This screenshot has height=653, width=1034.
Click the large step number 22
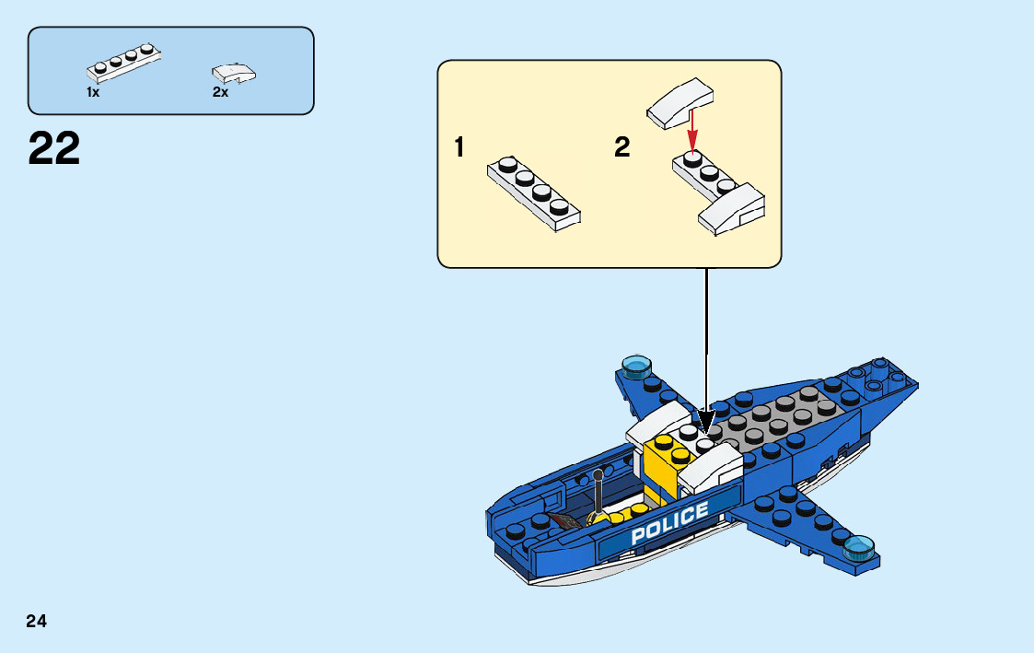click(54, 149)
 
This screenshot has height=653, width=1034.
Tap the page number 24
click(37, 622)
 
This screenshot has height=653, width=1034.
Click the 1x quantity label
click(93, 92)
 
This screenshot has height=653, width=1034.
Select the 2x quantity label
click(220, 92)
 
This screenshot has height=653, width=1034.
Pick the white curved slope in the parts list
click(234, 72)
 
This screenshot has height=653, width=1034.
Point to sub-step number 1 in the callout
click(459, 147)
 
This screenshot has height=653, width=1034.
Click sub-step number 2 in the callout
click(622, 147)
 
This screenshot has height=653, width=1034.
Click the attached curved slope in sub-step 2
click(732, 208)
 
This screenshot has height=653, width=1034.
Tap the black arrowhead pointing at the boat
click(706, 421)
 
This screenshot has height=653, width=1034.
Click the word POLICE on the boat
click(669, 523)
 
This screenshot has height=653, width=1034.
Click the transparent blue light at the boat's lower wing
click(860, 547)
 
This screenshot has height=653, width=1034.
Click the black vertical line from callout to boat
click(706, 341)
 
